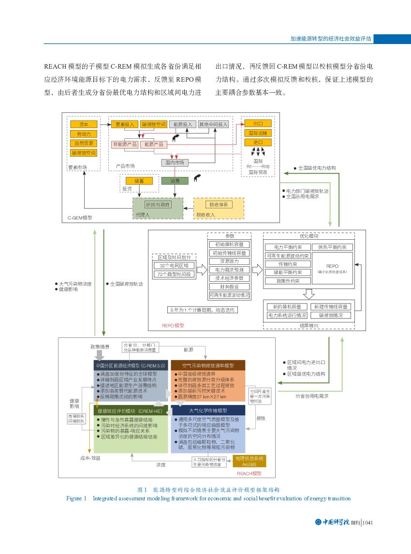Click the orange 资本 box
coord(83,124)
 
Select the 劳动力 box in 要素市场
coord(83,134)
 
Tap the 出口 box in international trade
coord(258,123)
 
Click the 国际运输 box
coord(258,133)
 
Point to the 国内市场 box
coord(175,162)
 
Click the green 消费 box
coord(175,181)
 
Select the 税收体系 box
coord(219,204)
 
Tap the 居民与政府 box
coord(158,204)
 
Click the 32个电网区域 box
coord(174,266)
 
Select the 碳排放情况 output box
coord(331,315)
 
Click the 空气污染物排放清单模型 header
coord(208,365)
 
